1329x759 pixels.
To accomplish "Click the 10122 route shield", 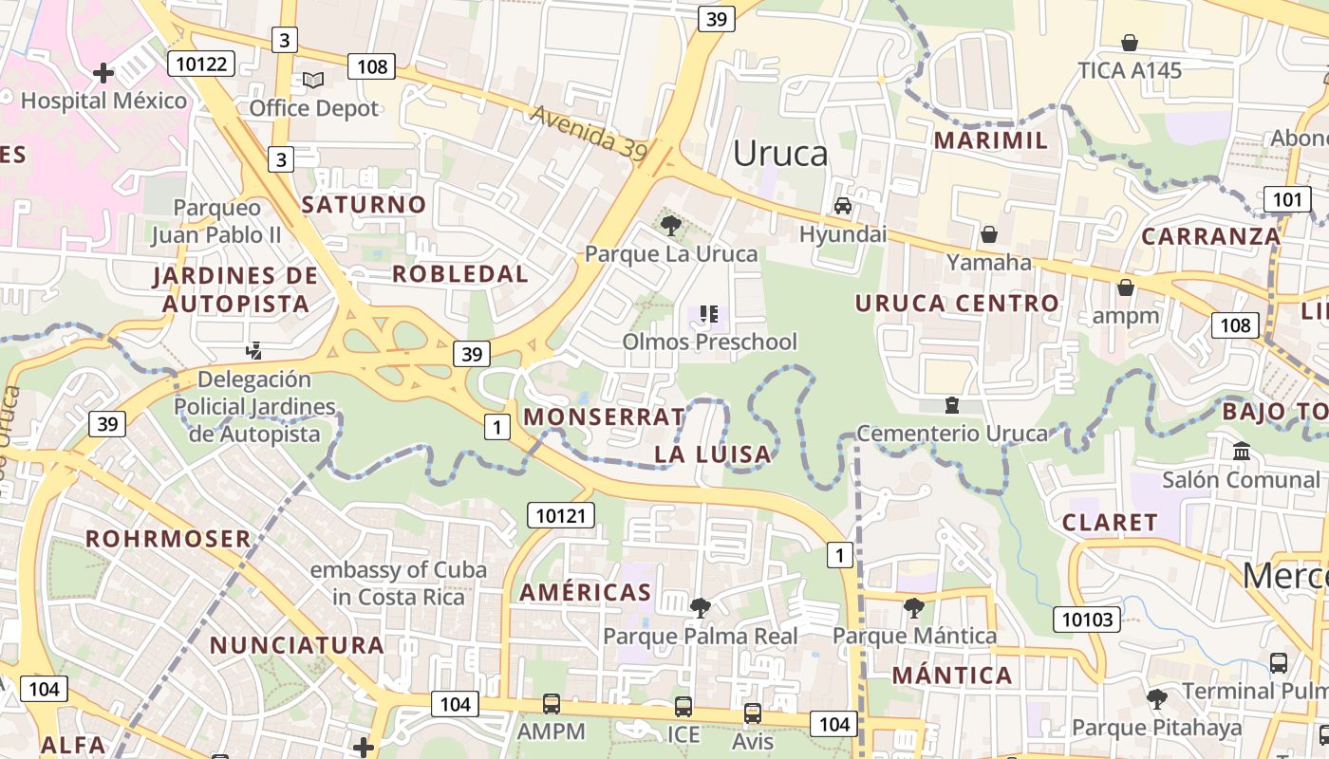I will [201, 64].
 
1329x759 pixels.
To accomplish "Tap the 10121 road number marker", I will [561, 515].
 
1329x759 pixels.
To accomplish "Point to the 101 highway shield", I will [1286, 199].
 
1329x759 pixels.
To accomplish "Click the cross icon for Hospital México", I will [103, 72].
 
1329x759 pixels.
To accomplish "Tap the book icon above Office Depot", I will [313, 81].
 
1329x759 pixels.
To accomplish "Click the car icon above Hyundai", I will [842, 206].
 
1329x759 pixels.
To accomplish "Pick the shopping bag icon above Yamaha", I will [988, 234].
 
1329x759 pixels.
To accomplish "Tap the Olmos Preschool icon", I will [708, 313].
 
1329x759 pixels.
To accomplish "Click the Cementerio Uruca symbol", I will [951, 405].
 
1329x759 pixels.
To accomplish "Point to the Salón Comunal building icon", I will [1241, 452].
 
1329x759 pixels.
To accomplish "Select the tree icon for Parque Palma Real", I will [700, 607].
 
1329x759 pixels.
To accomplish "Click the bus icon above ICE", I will [683, 707].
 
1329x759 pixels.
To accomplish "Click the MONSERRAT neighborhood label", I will [604, 417].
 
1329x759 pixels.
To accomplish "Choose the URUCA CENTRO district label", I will [957, 304].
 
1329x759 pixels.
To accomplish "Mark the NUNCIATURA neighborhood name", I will [297, 645].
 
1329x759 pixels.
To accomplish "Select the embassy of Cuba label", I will [399, 583].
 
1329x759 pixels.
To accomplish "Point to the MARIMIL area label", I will [991, 140].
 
